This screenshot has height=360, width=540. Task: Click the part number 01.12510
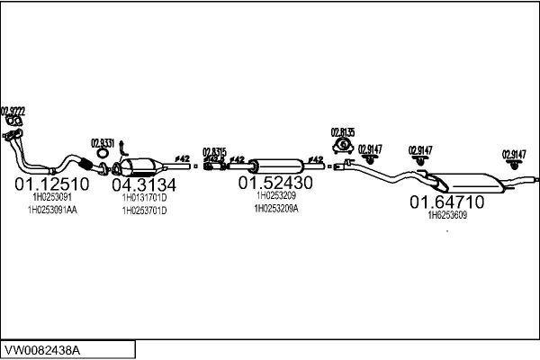[x=51, y=184]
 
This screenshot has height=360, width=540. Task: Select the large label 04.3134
[x=144, y=185]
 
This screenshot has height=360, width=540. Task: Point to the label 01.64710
[x=447, y=202]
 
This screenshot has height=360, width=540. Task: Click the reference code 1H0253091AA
[x=52, y=210]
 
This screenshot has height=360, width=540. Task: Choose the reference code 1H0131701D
[x=144, y=197]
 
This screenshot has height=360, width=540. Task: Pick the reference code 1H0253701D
[x=144, y=211]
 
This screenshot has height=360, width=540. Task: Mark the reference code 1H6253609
[x=447, y=215]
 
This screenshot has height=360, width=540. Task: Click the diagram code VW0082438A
[x=42, y=349]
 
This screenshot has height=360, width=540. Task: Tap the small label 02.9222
[x=12, y=110]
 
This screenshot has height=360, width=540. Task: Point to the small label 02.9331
[x=103, y=141]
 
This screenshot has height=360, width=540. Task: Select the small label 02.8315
[x=214, y=151]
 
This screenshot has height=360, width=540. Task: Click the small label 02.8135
[x=343, y=130]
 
